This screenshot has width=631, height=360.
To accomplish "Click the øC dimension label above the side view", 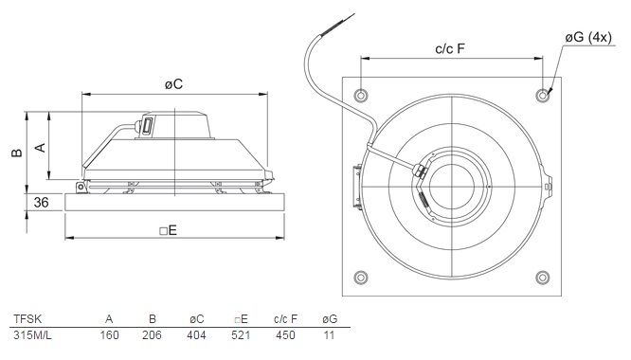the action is click(x=173, y=84).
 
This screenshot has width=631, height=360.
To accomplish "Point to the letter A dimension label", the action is click(x=40, y=148).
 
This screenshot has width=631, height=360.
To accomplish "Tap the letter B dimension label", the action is click(x=17, y=153).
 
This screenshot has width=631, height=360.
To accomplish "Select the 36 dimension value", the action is click(x=41, y=203).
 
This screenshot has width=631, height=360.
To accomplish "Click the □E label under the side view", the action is click(x=169, y=230).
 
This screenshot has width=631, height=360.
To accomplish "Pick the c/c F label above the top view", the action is click(x=450, y=48).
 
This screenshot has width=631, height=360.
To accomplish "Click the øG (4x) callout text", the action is click(x=588, y=37).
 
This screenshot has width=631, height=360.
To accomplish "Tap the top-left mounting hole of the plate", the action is click(x=361, y=96).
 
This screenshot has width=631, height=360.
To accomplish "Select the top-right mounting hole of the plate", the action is click(x=543, y=96).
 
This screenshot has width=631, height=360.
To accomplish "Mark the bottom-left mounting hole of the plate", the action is click(x=361, y=278).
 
